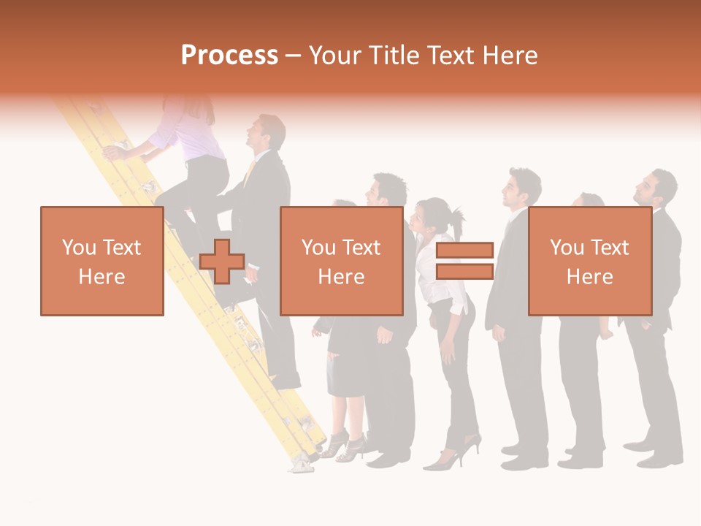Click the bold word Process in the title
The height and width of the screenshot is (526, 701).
coord(229,55)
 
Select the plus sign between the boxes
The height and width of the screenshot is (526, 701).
coord(222,261)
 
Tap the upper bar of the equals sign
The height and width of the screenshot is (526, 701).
coord(464,251)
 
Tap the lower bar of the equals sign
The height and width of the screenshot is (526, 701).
coord(464,271)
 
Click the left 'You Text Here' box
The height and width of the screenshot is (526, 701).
coord(102,261)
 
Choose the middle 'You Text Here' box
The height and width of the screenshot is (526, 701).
coord(341,261)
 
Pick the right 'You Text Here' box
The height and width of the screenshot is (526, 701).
coord(589,261)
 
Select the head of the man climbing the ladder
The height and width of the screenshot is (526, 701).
coord(267,131)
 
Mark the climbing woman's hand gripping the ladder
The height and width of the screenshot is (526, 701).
coord(113,152)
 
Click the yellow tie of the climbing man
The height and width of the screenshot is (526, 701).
coord(250,172)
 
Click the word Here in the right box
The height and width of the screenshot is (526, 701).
coord(589,276)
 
